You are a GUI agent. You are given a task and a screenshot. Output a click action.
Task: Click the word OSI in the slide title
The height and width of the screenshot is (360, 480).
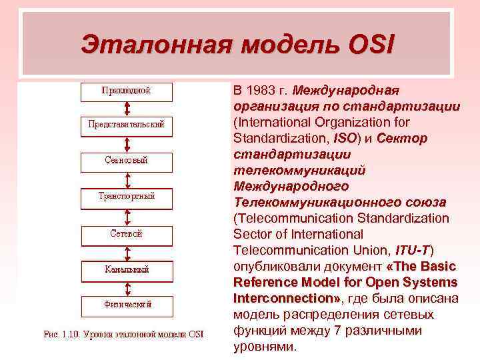point(371,45)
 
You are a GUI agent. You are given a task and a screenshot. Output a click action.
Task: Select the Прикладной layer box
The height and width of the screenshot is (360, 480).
point(127,91)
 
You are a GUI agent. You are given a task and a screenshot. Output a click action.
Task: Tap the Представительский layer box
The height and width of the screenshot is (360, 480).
point(127,125)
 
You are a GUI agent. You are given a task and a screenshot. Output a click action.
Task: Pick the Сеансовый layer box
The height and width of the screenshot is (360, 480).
point(127,161)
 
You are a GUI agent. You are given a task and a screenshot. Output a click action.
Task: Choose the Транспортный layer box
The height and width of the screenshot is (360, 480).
point(127,196)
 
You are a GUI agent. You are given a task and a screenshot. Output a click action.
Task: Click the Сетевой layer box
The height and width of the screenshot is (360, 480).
point(127,234)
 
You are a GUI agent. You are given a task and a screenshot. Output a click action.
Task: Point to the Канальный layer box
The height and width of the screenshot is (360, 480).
point(127,270)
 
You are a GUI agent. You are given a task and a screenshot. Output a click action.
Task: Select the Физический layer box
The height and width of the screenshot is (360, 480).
point(127,305)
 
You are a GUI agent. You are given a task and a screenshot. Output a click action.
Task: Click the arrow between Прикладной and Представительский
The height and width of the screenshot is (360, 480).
point(127,109)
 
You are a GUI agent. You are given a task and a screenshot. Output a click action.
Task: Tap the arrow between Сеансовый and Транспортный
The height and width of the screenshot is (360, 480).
point(127,179)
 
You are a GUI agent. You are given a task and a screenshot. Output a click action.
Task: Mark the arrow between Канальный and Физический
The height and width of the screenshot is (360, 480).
point(127,287)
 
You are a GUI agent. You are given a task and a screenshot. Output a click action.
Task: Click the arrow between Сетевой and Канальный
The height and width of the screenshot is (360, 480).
point(127,252)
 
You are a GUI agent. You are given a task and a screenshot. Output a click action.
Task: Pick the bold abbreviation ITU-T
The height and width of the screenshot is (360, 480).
point(412,250)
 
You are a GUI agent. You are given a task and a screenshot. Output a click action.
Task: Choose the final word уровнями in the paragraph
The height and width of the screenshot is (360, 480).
point(263,346)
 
